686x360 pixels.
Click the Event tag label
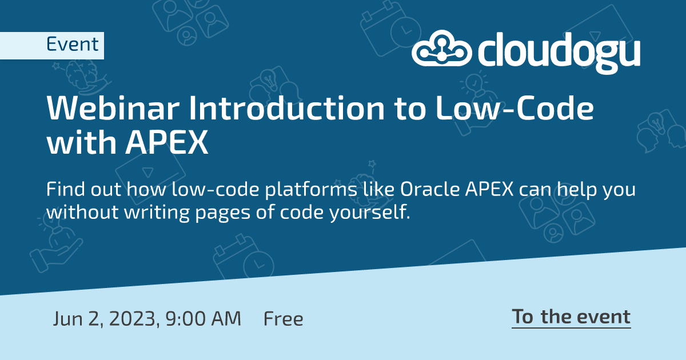click(72, 45)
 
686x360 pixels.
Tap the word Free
click(283, 318)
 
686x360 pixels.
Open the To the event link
click(571, 317)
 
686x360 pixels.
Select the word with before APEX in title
click(78, 144)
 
